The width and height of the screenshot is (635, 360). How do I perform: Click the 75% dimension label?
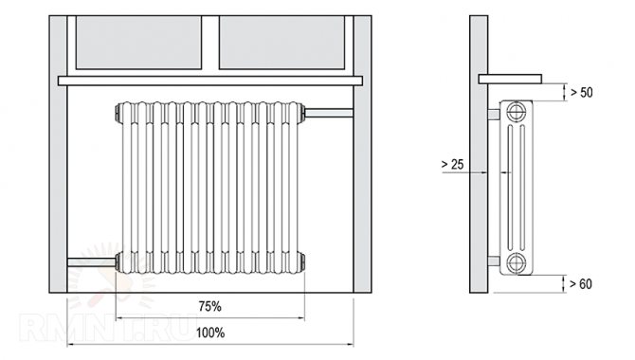click(210, 307)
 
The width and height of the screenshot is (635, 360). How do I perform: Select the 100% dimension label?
click(210, 333)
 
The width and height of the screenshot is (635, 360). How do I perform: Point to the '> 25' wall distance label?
click(452, 164)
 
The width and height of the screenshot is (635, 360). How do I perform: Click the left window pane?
click(139, 43)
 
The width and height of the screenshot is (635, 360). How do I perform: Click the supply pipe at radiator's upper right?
click(329, 113)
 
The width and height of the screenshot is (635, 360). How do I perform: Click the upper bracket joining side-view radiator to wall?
click(493, 114)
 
